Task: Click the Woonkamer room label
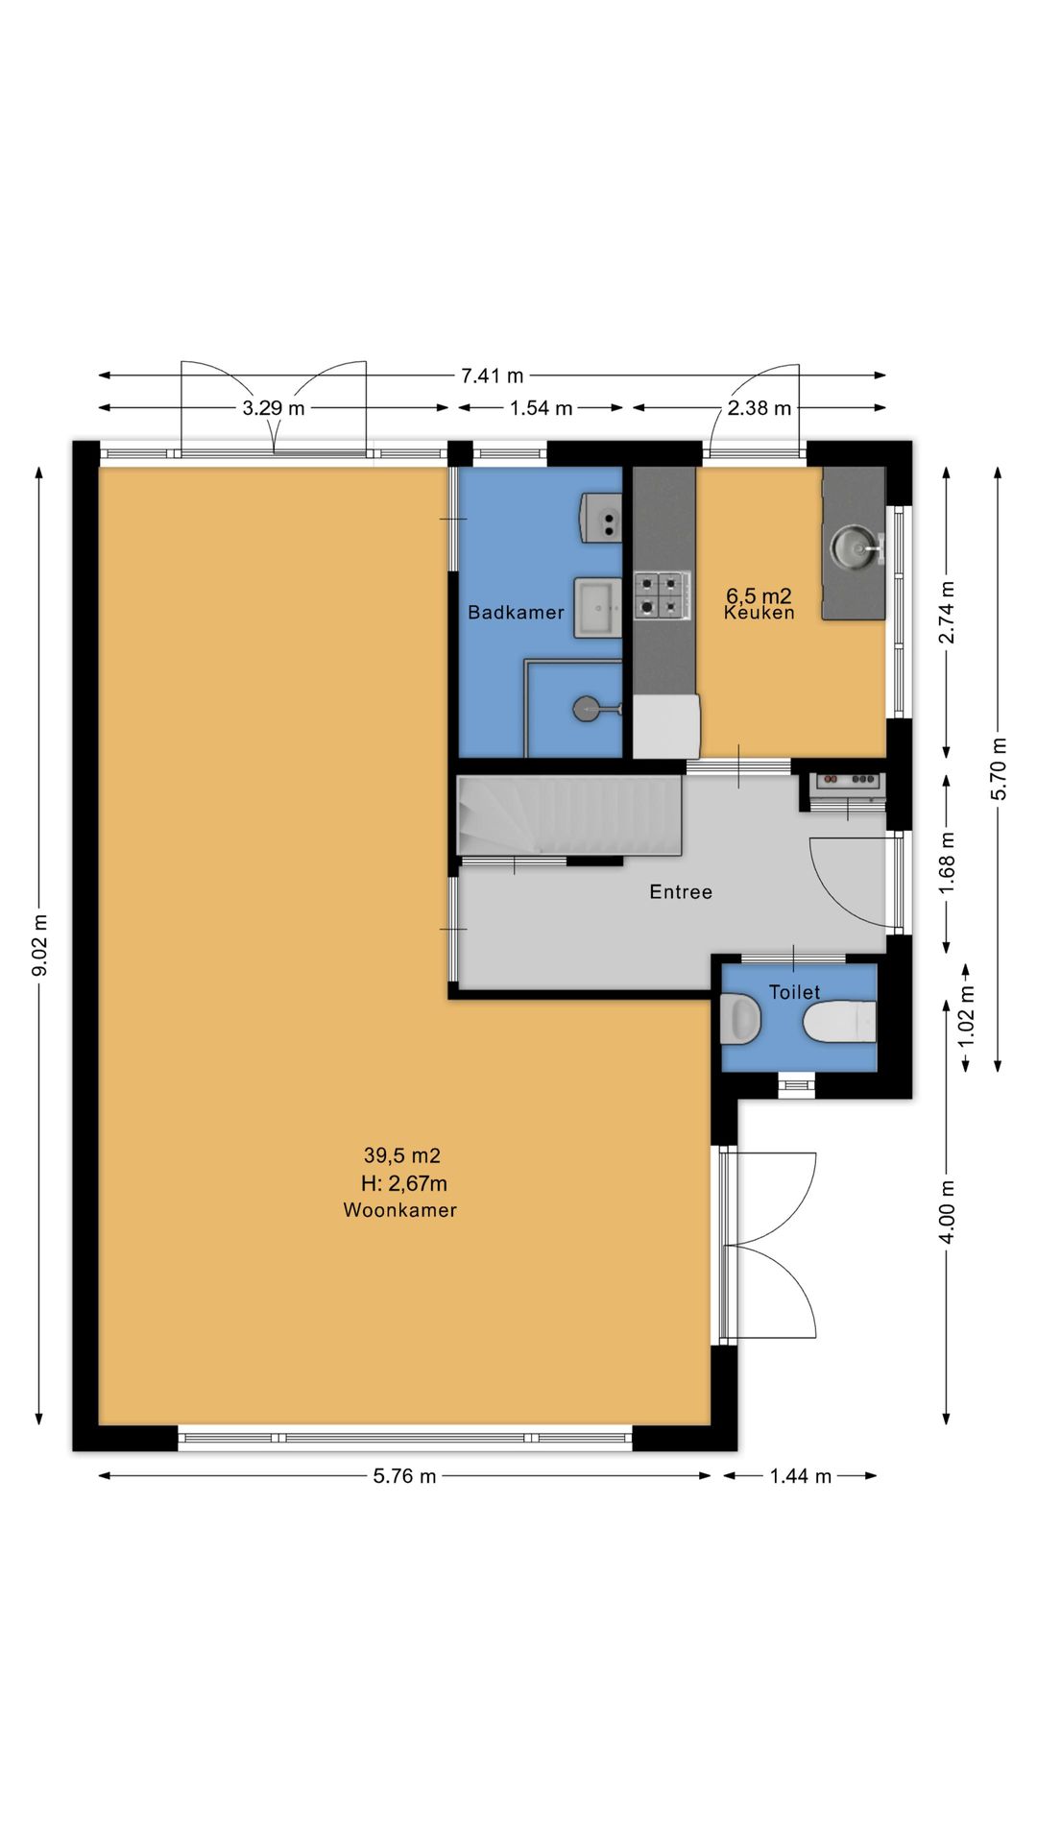(x=399, y=1210)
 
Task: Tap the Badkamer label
(x=516, y=613)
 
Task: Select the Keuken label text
(x=760, y=613)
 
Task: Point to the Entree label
(x=681, y=892)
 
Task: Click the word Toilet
(x=795, y=992)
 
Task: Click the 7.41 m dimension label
(x=493, y=376)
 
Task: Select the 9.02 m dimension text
(x=39, y=945)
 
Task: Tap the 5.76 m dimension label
(x=404, y=1476)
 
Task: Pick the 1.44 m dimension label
(x=800, y=1476)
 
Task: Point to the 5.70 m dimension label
(x=999, y=768)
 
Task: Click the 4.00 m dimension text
(x=947, y=1211)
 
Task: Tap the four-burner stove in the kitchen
(x=662, y=594)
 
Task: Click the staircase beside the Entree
(x=569, y=815)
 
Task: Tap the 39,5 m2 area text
(x=401, y=1155)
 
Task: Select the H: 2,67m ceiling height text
(x=403, y=1183)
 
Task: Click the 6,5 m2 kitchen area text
(x=759, y=596)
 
